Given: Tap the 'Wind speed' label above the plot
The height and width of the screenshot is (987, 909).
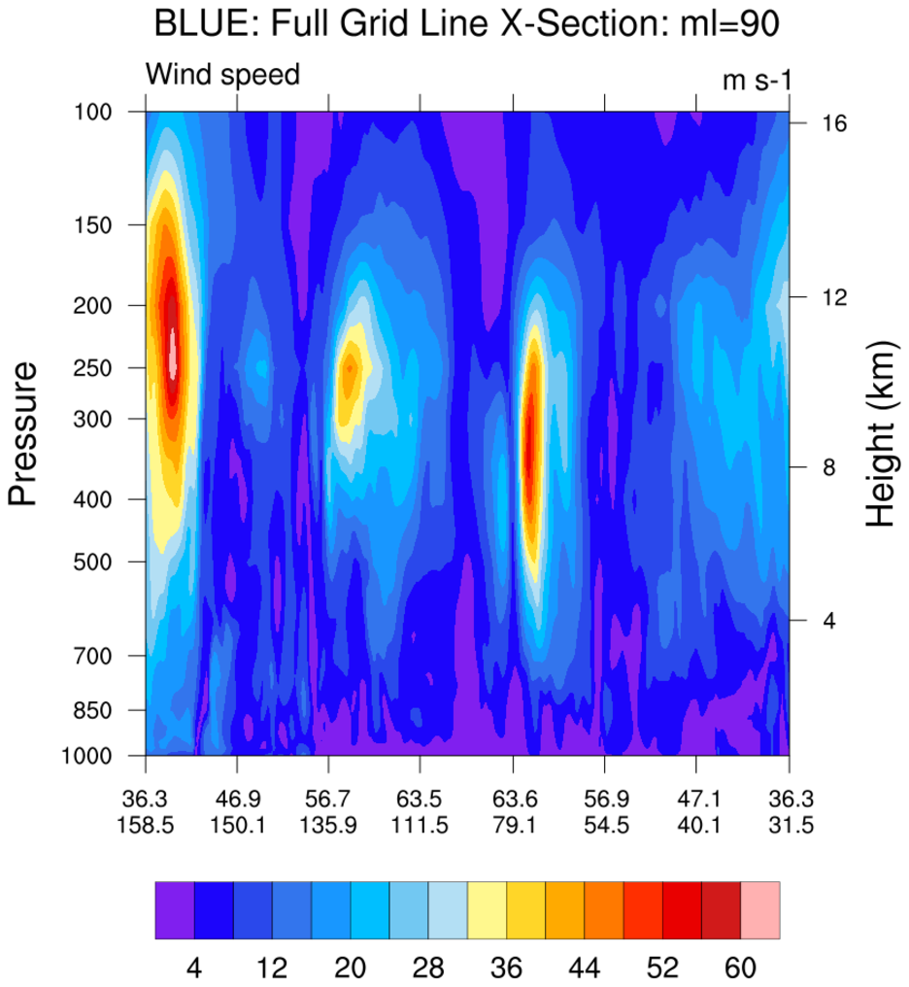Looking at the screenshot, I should pos(222,75).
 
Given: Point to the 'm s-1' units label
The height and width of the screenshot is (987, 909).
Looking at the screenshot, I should pos(757,81).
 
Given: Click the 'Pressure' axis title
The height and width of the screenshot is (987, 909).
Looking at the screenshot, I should pos(22,433).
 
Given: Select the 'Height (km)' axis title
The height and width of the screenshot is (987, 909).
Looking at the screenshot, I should pos(880,434).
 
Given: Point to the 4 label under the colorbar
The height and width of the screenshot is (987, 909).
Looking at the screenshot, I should pos(194,968).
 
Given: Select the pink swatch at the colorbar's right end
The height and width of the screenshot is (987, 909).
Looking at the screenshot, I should pos(760,910).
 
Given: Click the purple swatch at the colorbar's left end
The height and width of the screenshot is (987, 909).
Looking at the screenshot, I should pos(175,910).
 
